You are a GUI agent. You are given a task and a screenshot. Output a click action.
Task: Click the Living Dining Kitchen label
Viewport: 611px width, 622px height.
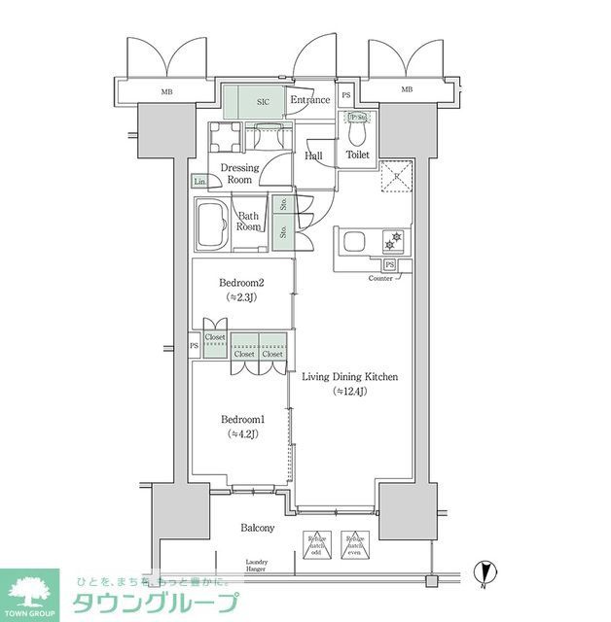pos(350,376)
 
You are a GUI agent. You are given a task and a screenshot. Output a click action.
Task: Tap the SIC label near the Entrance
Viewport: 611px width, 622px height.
pos(263,100)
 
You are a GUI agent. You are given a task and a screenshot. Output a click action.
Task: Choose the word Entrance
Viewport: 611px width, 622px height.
pos(310,100)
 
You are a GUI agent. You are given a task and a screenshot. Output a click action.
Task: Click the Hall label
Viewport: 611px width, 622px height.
pos(314,155)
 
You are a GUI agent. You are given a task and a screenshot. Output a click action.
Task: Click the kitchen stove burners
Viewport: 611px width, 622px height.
pos(395,238)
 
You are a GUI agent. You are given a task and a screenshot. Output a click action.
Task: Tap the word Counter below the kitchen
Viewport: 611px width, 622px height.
pos(380,279)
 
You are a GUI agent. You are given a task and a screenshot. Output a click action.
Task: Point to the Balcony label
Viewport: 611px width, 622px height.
pos(258,528)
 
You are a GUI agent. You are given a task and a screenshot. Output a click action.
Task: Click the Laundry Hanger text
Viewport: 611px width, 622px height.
pos(258,566)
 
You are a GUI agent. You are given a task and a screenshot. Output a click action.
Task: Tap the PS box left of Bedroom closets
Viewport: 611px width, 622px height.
pos(195,344)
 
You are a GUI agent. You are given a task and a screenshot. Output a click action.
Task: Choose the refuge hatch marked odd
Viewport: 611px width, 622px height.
pos(316,544)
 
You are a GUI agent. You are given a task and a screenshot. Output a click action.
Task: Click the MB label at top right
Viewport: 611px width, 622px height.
pos(406,90)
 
